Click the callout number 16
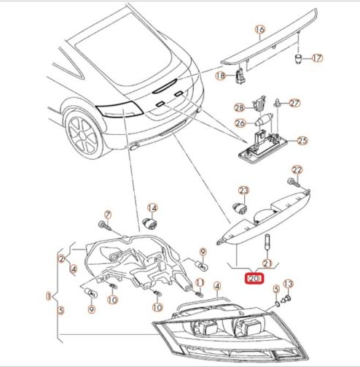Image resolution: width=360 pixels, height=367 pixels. click(x=260, y=29)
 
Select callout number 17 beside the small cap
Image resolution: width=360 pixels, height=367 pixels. click(x=317, y=58)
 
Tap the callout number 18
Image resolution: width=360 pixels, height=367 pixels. click(x=221, y=76)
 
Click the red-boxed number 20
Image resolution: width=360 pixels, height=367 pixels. click(x=254, y=279)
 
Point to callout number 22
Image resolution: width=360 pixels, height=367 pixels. click(x=297, y=170)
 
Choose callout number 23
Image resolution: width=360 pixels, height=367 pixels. click(x=243, y=190)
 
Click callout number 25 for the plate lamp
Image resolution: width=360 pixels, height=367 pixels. click(x=302, y=141)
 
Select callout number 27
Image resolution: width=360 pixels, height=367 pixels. click(x=294, y=103)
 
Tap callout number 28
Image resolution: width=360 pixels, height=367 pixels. click(x=240, y=108)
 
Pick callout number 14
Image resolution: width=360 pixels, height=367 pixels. click(x=152, y=208)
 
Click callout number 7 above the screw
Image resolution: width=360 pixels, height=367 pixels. click(x=108, y=215)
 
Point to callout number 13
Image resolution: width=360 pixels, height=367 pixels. click(x=289, y=284)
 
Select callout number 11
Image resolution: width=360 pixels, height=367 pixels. click(x=200, y=282)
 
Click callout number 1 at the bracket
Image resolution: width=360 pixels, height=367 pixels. click(x=49, y=296)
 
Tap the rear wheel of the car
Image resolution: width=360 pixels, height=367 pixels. click(x=82, y=136)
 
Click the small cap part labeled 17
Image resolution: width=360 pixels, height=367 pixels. click(x=299, y=59)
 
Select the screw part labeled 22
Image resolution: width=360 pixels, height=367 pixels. click(x=294, y=182)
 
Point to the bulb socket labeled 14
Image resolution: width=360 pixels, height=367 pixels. click(x=149, y=224)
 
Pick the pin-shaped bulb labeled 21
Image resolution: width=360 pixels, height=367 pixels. click(x=267, y=242)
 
